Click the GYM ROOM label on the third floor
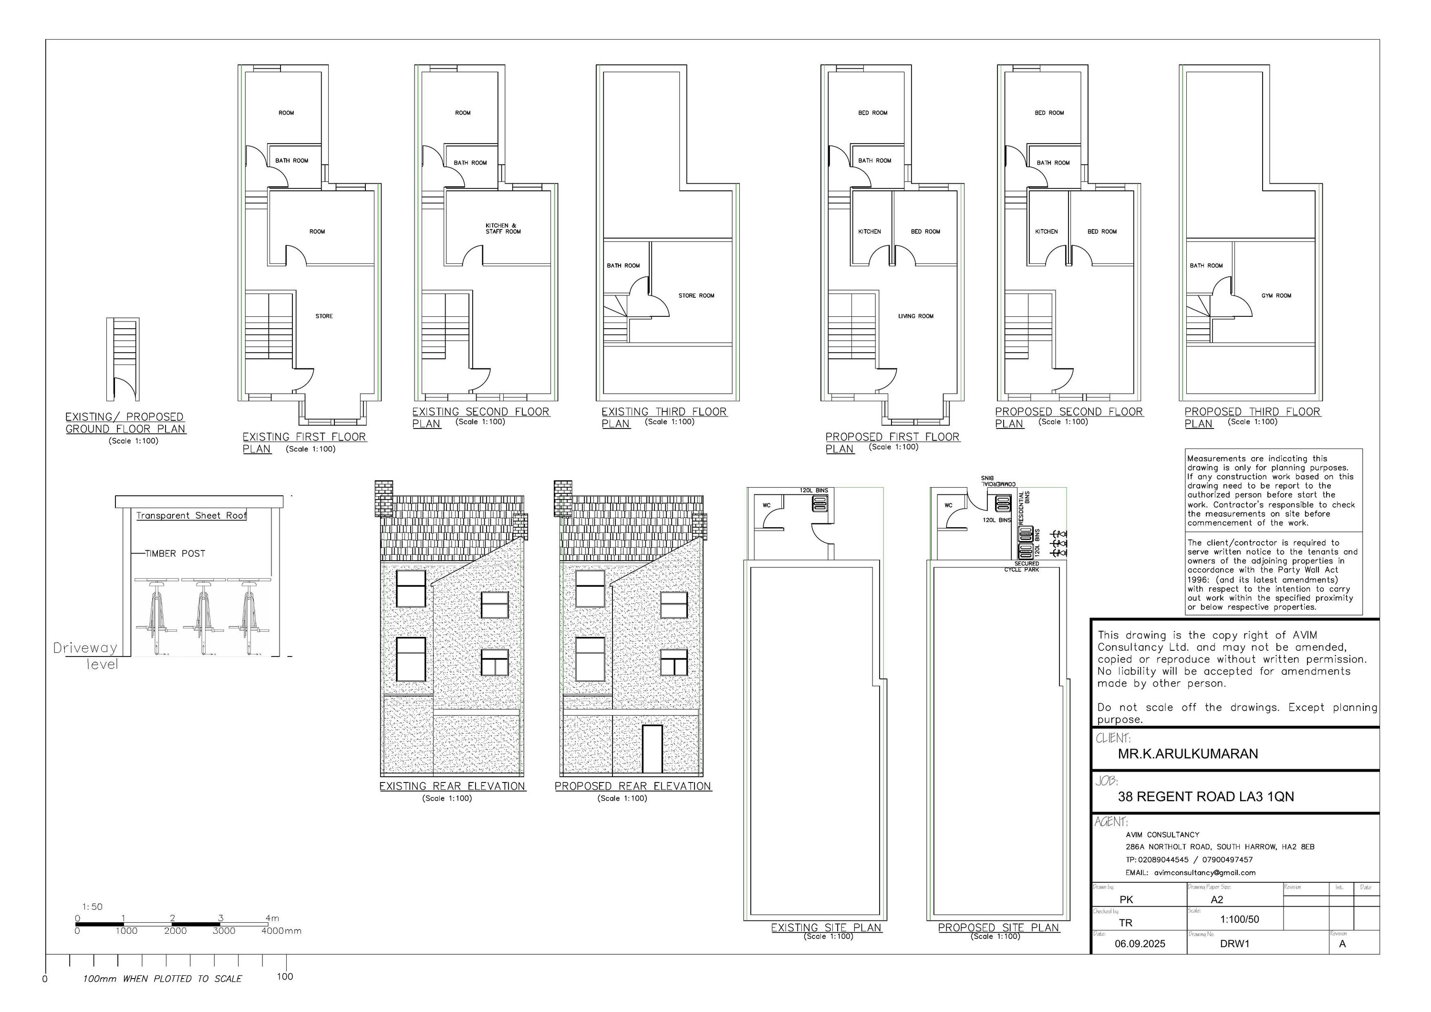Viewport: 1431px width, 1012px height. tap(1276, 295)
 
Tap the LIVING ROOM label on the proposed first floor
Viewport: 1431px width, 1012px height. tap(915, 316)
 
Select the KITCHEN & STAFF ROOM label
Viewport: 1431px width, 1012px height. tap(502, 228)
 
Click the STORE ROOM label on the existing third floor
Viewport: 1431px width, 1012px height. tap(696, 295)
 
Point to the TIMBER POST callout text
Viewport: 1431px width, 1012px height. tap(175, 553)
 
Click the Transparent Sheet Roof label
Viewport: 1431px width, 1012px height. tap(191, 516)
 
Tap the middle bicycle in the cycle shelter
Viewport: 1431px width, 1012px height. tap(203, 617)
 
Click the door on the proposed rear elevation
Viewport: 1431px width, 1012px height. tap(652, 749)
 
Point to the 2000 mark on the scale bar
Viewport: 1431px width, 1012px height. tap(175, 931)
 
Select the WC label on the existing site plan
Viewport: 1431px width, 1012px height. tap(767, 506)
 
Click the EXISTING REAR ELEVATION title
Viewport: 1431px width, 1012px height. tap(453, 786)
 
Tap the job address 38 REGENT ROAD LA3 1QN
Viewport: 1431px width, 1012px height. tap(1205, 797)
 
